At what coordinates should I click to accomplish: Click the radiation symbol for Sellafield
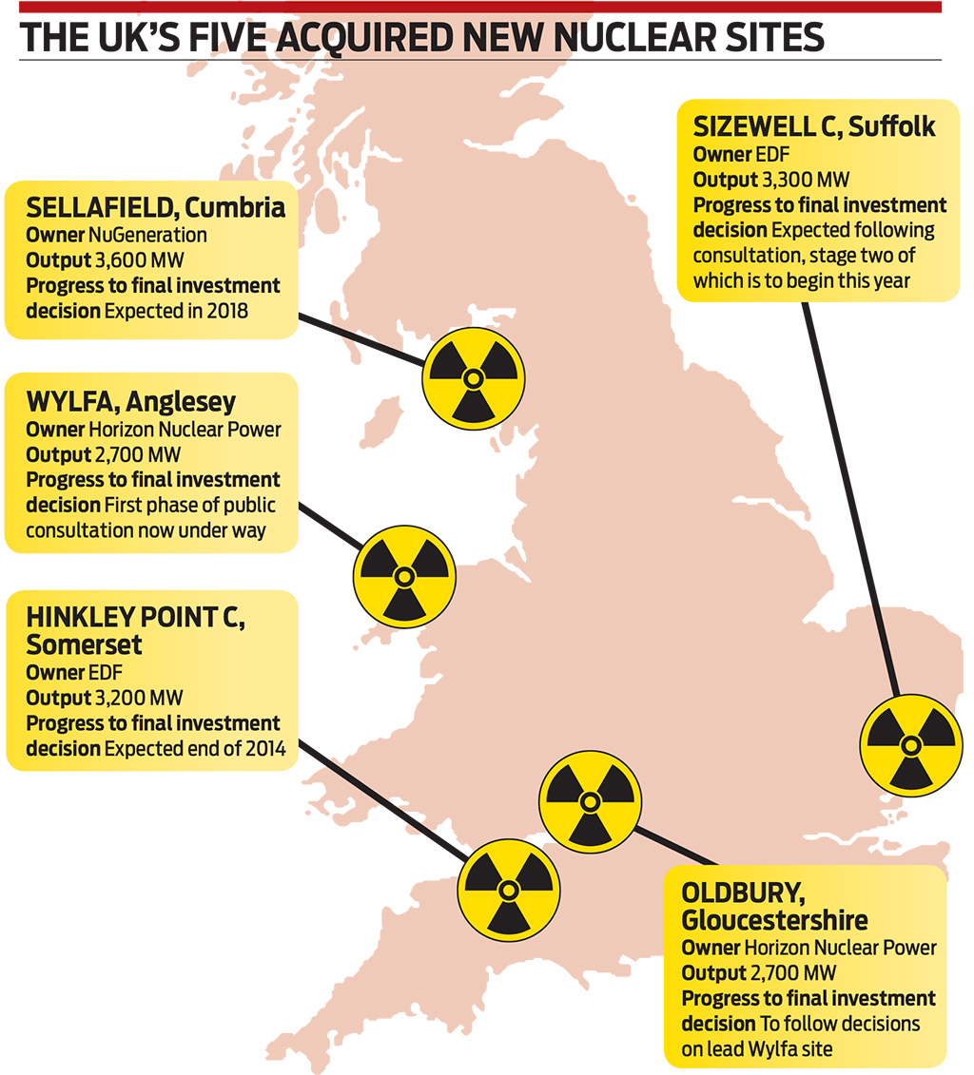point(472,379)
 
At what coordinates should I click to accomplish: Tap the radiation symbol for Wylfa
point(403,576)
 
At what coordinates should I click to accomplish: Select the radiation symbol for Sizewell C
point(910,744)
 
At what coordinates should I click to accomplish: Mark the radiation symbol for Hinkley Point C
point(508,888)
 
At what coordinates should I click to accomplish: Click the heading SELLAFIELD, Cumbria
point(156,207)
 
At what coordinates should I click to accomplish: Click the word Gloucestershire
point(774,920)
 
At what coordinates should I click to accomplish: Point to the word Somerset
point(85,645)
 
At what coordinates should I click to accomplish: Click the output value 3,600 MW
point(132,259)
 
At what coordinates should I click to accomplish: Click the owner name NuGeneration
point(147,234)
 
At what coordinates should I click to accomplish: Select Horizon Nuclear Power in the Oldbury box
point(840,948)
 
